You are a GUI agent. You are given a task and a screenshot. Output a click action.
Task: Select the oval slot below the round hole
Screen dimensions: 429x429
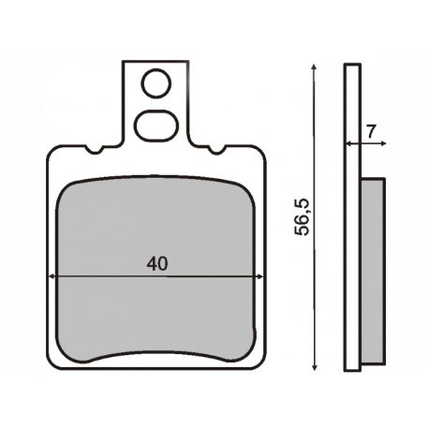(156, 126)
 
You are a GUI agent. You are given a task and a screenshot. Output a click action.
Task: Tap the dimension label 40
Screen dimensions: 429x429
(157, 264)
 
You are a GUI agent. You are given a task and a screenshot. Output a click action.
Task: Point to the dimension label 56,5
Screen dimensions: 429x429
(302, 216)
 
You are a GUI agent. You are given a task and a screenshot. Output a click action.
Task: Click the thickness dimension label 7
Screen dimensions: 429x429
(371, 131)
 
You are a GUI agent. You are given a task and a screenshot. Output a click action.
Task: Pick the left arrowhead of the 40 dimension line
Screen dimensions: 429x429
(52, 276)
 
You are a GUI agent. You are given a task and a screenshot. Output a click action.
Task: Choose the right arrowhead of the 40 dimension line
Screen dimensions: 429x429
(259, 276)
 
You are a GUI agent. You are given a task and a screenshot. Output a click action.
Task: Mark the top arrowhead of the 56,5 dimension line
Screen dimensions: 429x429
(314, 67)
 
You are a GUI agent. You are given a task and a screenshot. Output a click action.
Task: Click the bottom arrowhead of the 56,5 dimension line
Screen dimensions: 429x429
(315, 366)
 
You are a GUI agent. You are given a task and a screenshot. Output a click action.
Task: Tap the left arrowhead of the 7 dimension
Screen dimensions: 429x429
(349, 143)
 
